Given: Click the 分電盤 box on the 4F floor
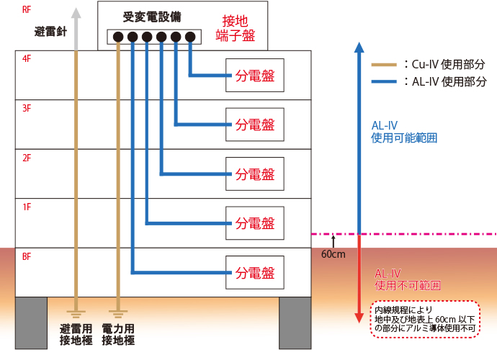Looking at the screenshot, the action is click(255, 76).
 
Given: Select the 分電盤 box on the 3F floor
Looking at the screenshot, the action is click(255, 125).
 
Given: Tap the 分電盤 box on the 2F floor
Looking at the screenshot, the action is click(255, 174).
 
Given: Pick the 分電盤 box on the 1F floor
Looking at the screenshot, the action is click(255, 223).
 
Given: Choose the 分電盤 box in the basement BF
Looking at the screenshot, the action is click(255, 273).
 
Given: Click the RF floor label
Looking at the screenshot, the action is click(27, 10).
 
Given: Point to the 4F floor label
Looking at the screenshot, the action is click(27, 58).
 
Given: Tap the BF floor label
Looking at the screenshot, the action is click(27, 256).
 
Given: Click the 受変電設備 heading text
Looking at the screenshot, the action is click(152, 17).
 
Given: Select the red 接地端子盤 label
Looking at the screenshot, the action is click(236, 28).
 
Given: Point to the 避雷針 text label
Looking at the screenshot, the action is click(50, 32).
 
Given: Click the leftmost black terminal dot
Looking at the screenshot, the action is click(118, 37).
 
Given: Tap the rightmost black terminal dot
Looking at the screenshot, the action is click(190, 37).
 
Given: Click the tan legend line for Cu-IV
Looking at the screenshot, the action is click(384, 65).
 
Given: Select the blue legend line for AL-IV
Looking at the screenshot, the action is click(384, 82).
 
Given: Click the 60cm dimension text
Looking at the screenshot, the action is click(333, 254).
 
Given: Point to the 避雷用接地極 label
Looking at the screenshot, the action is click(76, 334).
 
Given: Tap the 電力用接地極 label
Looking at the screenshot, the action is click(118, 334).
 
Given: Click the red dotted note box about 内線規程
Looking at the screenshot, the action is click(425, 319).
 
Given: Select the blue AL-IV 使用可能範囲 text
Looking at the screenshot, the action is click(404, 132).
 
